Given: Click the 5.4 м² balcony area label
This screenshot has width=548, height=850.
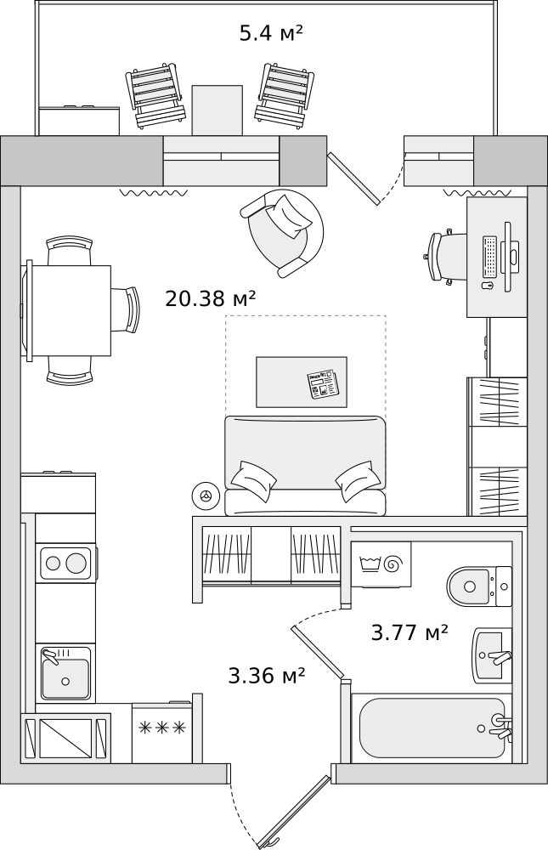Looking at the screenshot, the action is (x=270, y=33).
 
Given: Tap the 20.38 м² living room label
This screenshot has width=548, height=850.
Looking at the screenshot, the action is (x=211, y=297).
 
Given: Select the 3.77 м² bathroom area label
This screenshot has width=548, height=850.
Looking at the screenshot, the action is (x=410, y=632).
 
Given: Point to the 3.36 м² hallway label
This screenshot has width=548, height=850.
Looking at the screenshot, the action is (x=267, y=676).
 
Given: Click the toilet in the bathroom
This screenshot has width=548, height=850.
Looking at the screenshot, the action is (x=479, y=586).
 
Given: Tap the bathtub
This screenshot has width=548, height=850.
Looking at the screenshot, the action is (x=432, y=728).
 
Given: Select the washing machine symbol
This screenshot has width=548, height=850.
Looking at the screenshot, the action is (x=381, y=564).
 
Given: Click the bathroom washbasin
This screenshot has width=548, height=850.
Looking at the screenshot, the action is (x=492, y=654).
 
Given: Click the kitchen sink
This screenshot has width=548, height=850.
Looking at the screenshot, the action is (x=65, y=672).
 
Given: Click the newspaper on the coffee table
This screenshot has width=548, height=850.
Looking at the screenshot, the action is (x=323, y=384).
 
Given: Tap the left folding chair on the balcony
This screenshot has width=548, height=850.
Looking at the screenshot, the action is (x=155, y=96).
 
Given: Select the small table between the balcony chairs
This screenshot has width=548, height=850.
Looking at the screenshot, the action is (x=217, y=110).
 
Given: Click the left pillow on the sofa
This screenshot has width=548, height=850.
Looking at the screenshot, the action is (x=253, y=480).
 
